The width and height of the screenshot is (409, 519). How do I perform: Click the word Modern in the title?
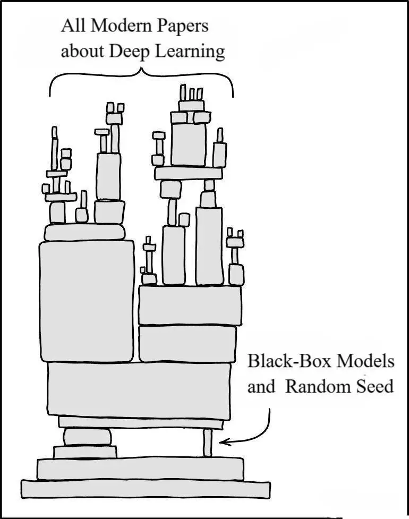[121, 25]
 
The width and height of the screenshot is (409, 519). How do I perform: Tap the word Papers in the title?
[182, 27]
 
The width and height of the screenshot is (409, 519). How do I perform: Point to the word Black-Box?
[289, 361]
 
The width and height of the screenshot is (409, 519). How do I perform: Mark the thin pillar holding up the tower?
[207, 443]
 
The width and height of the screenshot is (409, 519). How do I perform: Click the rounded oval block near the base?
[87, 437]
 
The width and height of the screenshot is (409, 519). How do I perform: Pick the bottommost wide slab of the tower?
[146, 489]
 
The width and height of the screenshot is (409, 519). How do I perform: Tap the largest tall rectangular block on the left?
[87, 302]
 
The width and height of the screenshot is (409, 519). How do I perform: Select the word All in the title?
[73, 25]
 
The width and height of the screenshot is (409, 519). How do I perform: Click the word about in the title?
[83, 52]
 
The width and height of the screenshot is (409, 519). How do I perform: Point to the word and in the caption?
[261, 386]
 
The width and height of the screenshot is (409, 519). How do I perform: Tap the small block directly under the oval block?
[85, 452]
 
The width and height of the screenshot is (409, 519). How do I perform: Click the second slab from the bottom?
[141, 469]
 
